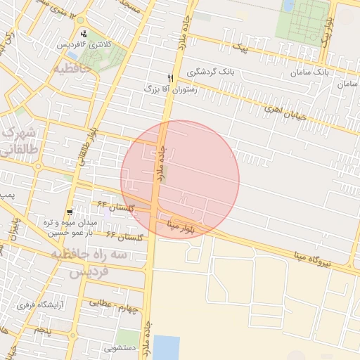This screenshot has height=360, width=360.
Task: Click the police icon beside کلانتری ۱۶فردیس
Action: (84, 34)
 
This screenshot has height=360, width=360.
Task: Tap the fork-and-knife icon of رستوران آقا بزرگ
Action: (169, 78)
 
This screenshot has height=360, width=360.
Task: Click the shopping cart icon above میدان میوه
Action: (70, 212)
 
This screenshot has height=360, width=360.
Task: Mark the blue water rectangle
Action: (167, 347)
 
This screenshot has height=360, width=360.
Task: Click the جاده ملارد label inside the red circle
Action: (161, 164)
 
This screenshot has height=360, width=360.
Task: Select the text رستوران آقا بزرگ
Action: (171, 89)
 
